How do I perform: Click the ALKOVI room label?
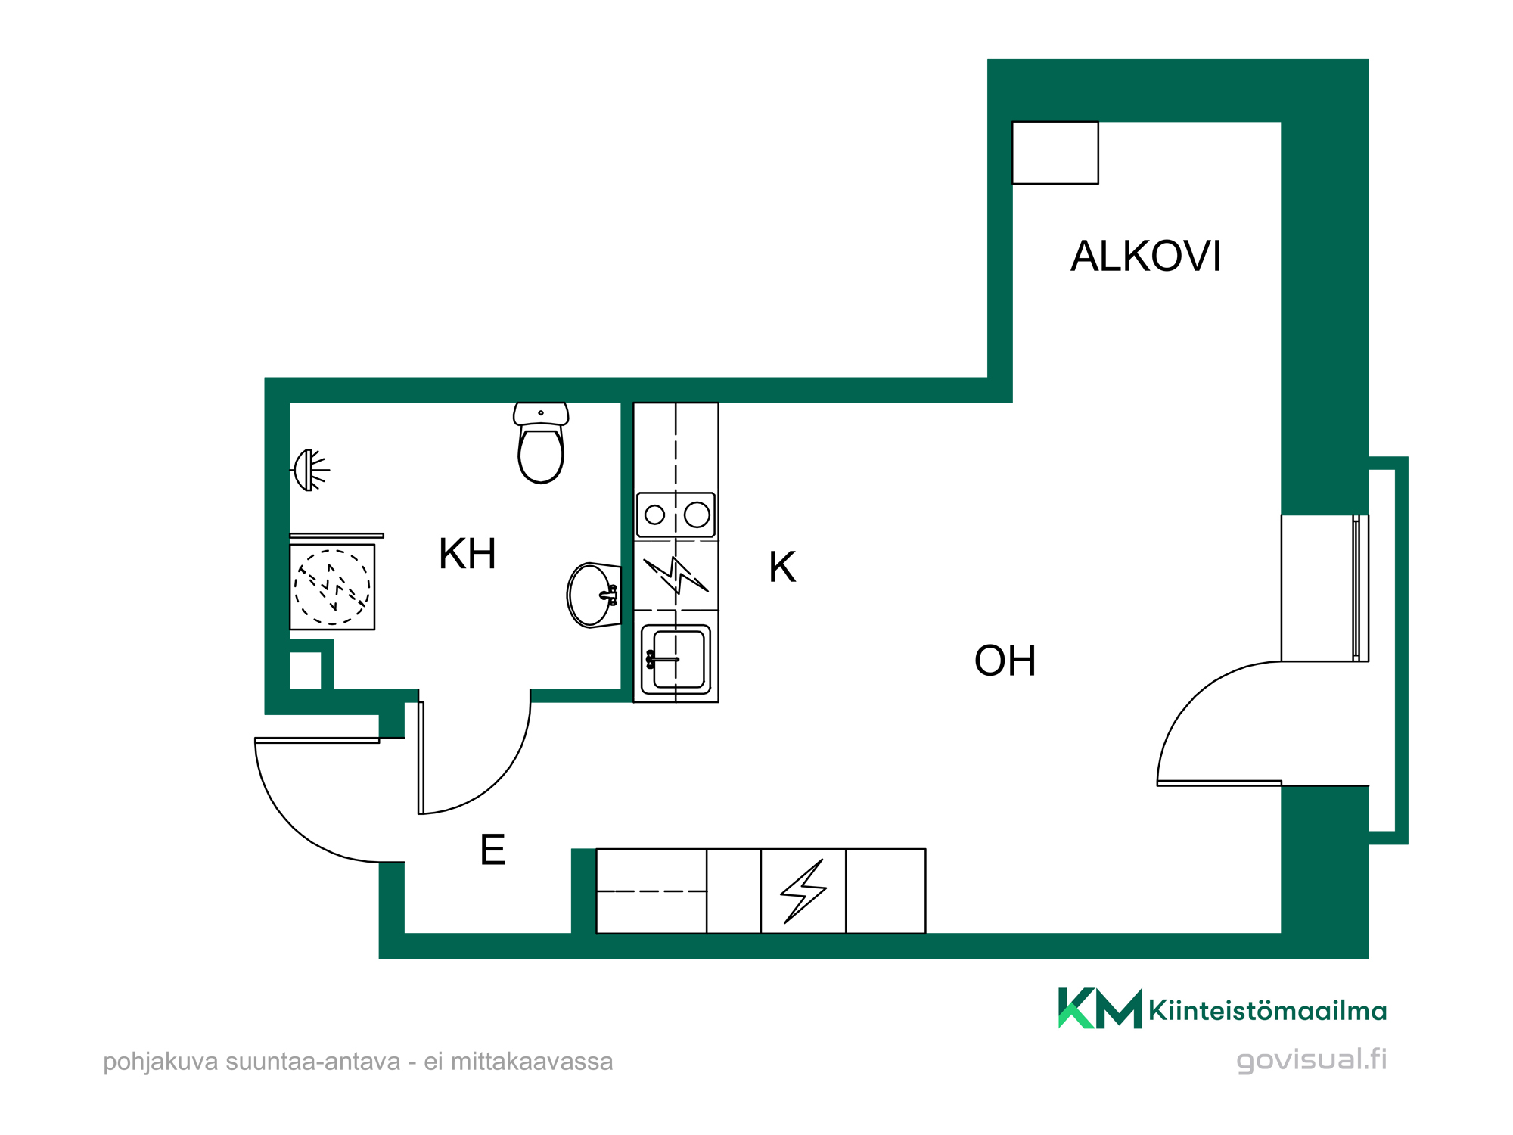pos(1145,256)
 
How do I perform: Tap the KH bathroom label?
pos(468,554)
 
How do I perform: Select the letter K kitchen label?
pos(782,567)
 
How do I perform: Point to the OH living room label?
pos(1005,661)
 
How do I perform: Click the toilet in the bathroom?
pos(541,442)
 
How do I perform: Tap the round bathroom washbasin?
pos(594,595)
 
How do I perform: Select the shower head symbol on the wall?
pos(309,470)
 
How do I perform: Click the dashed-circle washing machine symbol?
pos(333,587)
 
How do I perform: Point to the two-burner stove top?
pos(676,515)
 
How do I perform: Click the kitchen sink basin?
pos(676,659)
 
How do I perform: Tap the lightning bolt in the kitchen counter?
pos(676,575)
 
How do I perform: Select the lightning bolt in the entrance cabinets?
pos(803,891)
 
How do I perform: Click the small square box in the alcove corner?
pos(1055,153)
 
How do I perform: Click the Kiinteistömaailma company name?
pos(1267,1011)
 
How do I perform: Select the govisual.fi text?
pos(1312,1059)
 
